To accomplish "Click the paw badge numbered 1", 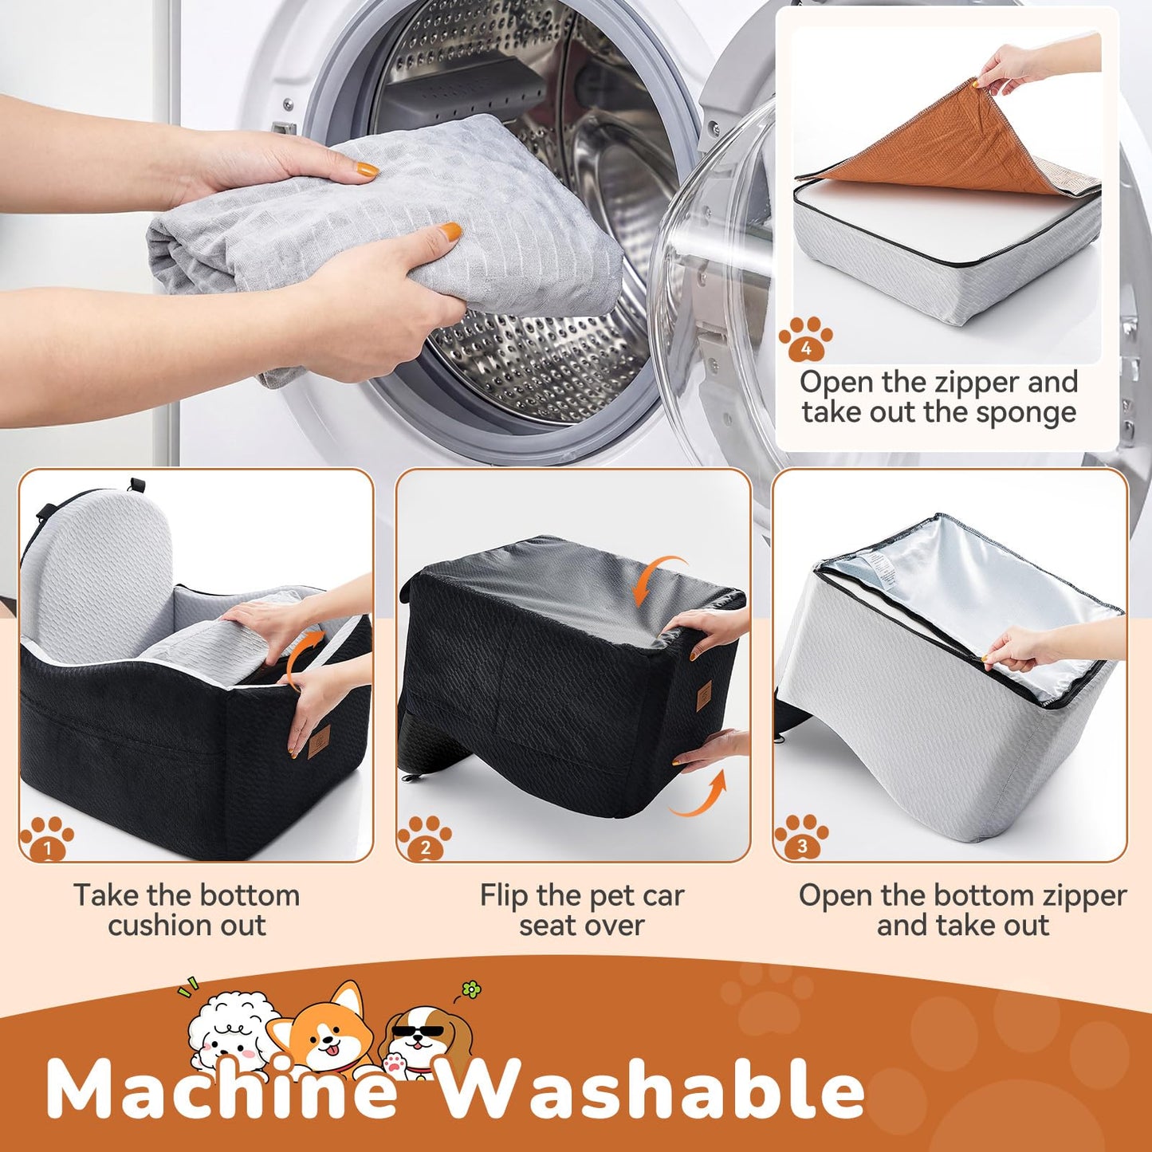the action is (x=46, y=838).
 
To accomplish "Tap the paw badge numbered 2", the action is (x=424, y=838).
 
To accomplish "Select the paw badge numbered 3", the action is (x=801, y=837).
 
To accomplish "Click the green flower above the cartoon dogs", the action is (x=471, y=990).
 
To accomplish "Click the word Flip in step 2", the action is (x=503, y=896).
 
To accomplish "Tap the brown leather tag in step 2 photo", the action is (x=704, y=697).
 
